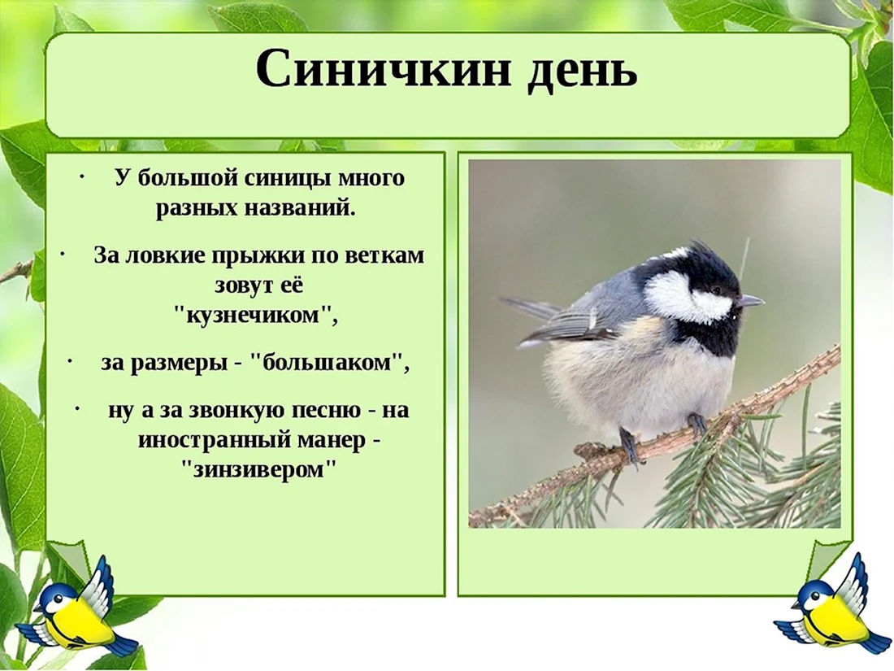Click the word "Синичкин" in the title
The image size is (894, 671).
pyautogui.click(x=381, y=70)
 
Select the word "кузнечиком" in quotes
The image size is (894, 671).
pyautogui.click(x=256, y=315)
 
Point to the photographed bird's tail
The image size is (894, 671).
pyautogui.click(x=527, y=309)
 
